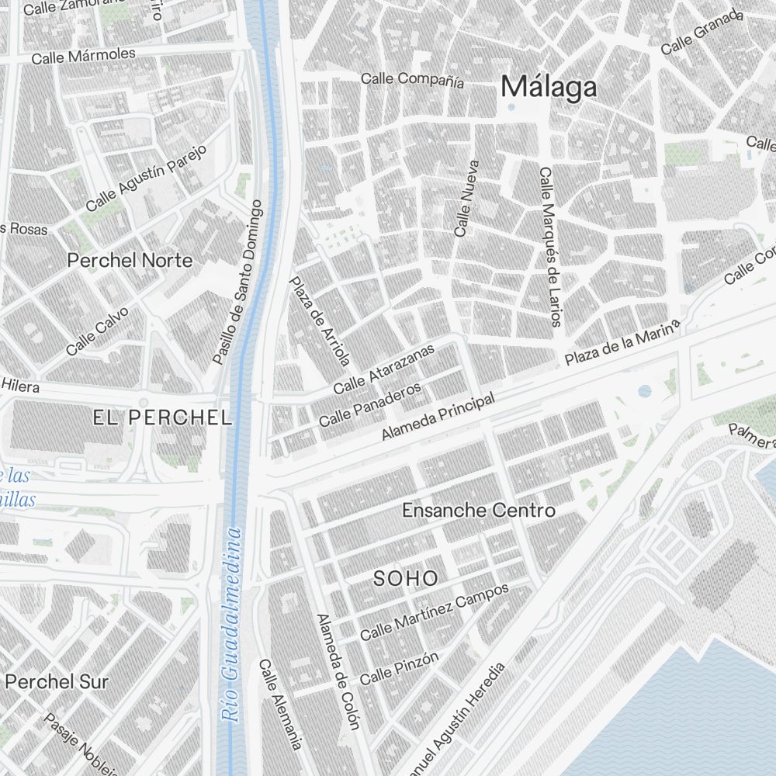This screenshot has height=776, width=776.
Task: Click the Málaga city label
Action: [549, 87]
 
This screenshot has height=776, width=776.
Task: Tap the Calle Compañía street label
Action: [412, 78]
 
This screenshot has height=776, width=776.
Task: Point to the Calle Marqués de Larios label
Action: [550, 247]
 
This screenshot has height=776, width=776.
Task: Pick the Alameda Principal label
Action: [438, 417]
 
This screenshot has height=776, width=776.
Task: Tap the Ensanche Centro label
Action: [478, 510]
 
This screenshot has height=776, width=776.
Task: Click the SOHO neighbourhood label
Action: [406, 578]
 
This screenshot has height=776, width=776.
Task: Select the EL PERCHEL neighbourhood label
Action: [162, 417]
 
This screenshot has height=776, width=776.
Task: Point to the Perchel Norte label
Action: [130, 260]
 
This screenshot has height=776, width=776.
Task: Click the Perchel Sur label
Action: [57, 681]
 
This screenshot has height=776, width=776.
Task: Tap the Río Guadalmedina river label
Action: [232, 625]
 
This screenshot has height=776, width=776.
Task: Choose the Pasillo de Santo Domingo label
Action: [238, 282]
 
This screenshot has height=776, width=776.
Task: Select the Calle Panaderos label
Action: [369, 404]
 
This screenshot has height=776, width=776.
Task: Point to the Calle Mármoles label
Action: [83, 56]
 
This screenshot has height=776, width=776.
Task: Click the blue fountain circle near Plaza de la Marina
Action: [644, 391]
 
